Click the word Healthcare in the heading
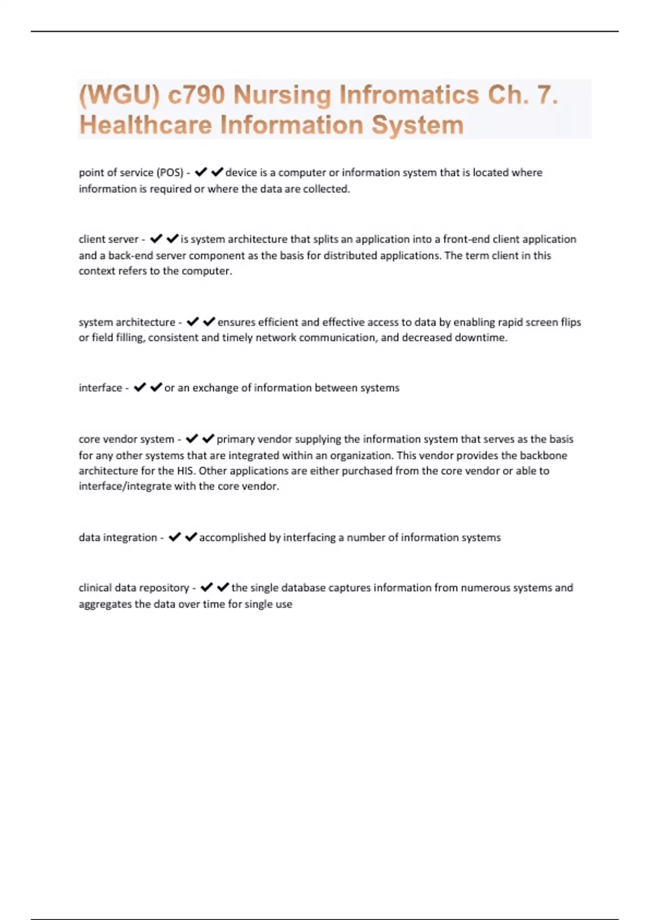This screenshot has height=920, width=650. click(x=145, y=125)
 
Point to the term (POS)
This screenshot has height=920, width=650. click(x=170, y=173)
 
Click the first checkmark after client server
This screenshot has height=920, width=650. click(x=156, y=239)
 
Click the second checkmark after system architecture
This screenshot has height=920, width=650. click(x=209, y=322)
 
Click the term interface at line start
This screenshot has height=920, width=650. click(x=100, y=388)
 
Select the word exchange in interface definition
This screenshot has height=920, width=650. click(x=215, y=388)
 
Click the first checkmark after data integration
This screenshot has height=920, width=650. click(x=174, y=537)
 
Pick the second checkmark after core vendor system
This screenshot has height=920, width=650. click(x=208, y=439)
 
